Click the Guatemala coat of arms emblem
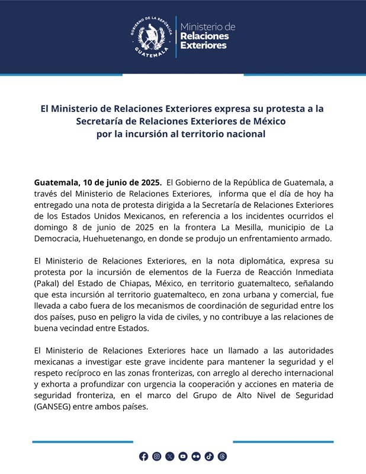153,37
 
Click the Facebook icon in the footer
143,456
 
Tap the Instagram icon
156,456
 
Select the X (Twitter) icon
170,456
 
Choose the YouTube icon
183,456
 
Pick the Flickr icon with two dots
196,456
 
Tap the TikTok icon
209,456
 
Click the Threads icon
223,456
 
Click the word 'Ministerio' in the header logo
207,27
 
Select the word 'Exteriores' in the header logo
203,46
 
